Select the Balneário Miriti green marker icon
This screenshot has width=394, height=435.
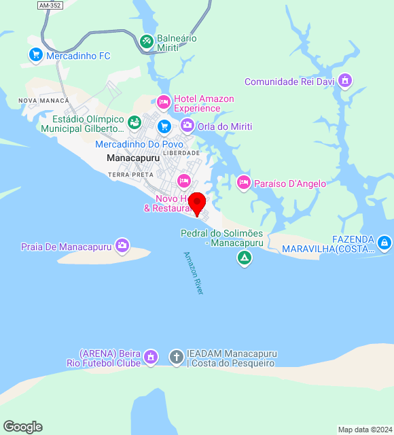(146, 41)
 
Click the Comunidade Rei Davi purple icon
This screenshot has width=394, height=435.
(345, 81)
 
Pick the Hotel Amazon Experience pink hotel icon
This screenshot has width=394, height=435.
(163, 103)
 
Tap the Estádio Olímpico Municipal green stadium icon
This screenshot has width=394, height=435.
(135, 122)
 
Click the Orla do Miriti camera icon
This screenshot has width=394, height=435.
(187, 125)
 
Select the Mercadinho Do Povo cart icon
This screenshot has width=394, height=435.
(164, 126)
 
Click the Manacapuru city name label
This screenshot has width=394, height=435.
(133, 158)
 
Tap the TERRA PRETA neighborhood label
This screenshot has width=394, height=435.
(130, 175)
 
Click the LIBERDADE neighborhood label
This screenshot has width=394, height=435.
(181, 153)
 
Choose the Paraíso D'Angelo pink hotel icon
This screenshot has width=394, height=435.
(243, 182)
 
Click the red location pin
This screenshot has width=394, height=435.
(196, 203)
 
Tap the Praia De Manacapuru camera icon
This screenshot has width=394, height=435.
(122, 245)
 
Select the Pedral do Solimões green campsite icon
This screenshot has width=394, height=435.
(244, 258)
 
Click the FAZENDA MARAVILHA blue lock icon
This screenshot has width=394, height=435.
(384, 242)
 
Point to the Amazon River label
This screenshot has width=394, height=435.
(194, 273)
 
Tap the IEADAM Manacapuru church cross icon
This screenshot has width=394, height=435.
(176, 356)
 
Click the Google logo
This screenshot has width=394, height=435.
(22, 427)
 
